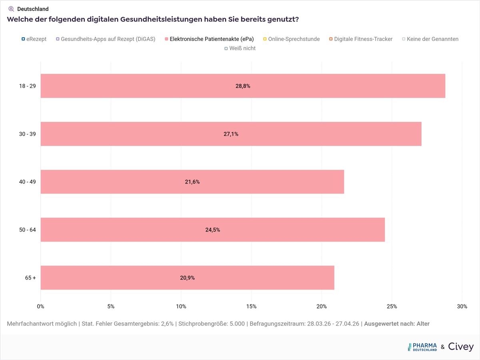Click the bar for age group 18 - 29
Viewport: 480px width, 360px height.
click(243, 86)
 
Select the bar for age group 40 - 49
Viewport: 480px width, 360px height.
click(192, 182)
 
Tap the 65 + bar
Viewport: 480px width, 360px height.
click(187, 278)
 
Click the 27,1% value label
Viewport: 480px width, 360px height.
click(231, 134)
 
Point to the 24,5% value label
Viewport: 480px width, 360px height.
click(213, 230)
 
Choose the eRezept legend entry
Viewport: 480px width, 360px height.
click(34, 39)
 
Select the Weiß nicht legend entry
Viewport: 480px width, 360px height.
click(240, 48)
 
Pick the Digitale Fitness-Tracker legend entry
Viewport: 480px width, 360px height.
click(360, 39)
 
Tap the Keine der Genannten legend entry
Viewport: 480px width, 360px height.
click(430, 39)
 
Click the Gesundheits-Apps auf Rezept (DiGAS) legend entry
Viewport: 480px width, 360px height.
click(106, 39)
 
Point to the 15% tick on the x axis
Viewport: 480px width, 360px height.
click(251, 306)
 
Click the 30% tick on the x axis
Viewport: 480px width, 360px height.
click(462, 306)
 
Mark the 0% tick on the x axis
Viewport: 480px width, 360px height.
click(40, 306)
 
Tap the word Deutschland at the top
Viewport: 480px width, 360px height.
click(33, 9)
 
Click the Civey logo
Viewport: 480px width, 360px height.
click(461, 347)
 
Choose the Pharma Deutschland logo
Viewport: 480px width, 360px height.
click(422, 347)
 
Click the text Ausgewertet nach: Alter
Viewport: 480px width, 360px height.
click(397, 324)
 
